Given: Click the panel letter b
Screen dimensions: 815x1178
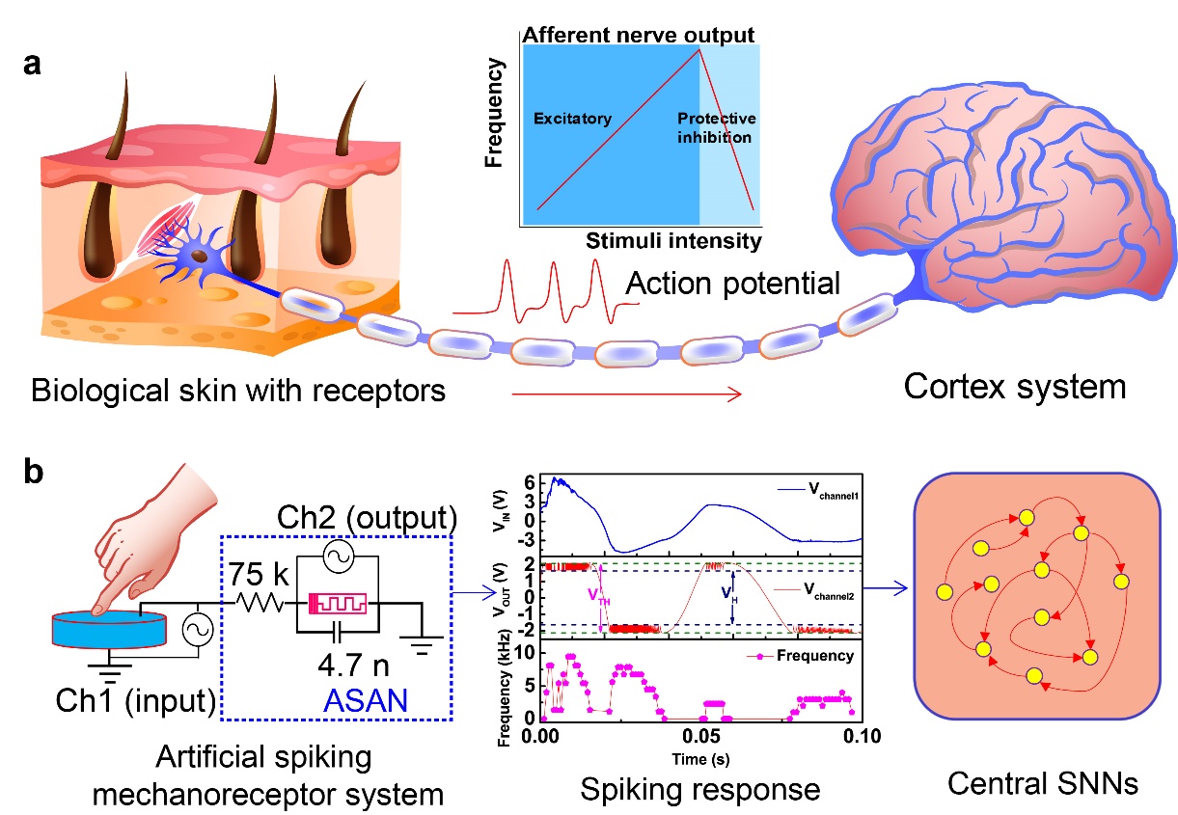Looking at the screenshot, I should pyautogui.click(x=34, y=475).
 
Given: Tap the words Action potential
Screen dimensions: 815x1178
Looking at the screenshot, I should pyautogui.click(x=732, y=284).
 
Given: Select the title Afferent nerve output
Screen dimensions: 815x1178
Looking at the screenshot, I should pyautogui.click(x=638, y=36).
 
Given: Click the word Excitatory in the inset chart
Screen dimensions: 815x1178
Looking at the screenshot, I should pyautogui.click(x=572, y=120).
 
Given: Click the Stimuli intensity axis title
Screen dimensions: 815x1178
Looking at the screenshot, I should pyautogui.click(x=673, y=239).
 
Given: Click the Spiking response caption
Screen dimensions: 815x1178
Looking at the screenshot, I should pyautogui.click(x=700, y=788).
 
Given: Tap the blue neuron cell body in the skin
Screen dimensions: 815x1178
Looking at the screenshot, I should pyautogui.click(x=197, y=258).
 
